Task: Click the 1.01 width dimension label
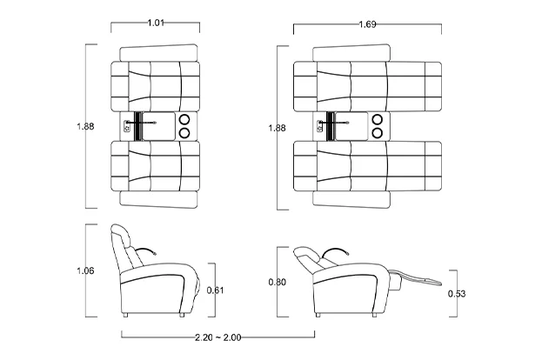point(156,23)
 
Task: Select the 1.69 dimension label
point(367,24)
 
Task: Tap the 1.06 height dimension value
point(85,270)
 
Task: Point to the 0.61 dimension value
point(215,290)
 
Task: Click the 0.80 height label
point(278,283)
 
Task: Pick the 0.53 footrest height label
point(457,294)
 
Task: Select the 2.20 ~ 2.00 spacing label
point(218,337)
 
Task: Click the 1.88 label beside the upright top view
point(85,126)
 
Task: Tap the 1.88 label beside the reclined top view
point(278,128)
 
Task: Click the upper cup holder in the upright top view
point(184,119)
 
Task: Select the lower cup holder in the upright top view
point(184,133)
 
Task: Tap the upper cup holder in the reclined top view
point(377,119)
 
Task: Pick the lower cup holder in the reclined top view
point(377,133)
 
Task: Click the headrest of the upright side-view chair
point(121,233)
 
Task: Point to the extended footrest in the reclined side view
point(417,277)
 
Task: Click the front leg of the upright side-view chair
point(182,315)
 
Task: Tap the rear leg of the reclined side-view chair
point(318,315)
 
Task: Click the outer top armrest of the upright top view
point(158,53)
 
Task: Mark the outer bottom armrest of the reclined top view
point(351,200)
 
